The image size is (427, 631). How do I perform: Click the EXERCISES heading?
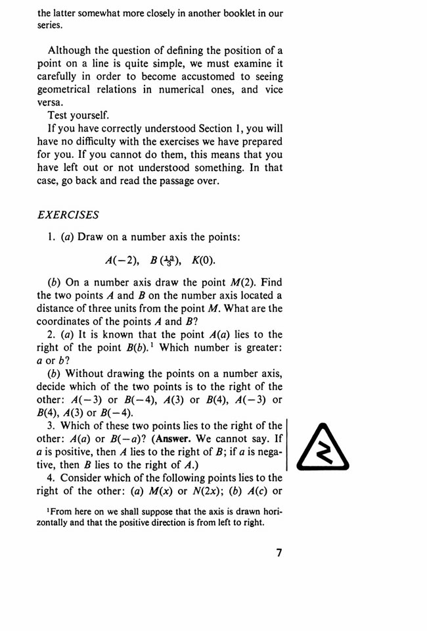(x=68, y=215)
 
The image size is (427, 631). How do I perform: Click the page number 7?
(x=279, y=553)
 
